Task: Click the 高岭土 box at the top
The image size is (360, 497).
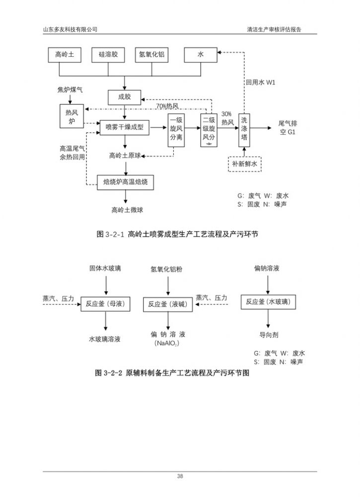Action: coord(65,55)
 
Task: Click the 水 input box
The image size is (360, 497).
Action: coord(201,55)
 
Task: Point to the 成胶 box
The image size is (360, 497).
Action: coord(124,97)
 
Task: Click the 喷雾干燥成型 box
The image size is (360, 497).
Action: coord(124,128)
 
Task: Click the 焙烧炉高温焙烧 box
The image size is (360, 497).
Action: coord(125,182)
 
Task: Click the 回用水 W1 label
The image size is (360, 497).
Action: coord(260,82)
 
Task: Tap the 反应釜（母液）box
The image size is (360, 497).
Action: coord(105,303)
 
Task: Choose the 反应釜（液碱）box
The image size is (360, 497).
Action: coord(167,304)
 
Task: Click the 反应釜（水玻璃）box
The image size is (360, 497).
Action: coord(269,302)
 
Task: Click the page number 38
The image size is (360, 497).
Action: coord(180,476)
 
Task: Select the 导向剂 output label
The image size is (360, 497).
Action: coord(269,334)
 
